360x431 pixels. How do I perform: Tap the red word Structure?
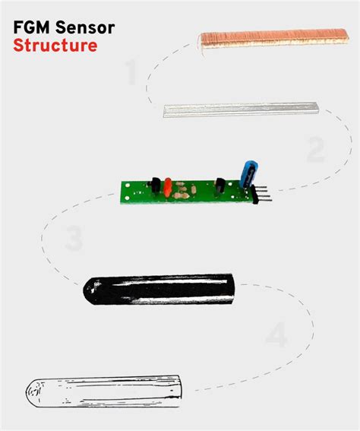(55, 46)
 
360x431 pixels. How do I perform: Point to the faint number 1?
(130, 74)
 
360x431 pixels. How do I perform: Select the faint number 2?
(315, 150)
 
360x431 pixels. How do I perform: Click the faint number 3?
(74, 239)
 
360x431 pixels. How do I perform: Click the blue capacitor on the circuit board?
(247, 173)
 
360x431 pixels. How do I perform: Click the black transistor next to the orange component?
(155, 185)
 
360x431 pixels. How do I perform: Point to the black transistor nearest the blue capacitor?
(221, 185)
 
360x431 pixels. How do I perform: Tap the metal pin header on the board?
(263, 195)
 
